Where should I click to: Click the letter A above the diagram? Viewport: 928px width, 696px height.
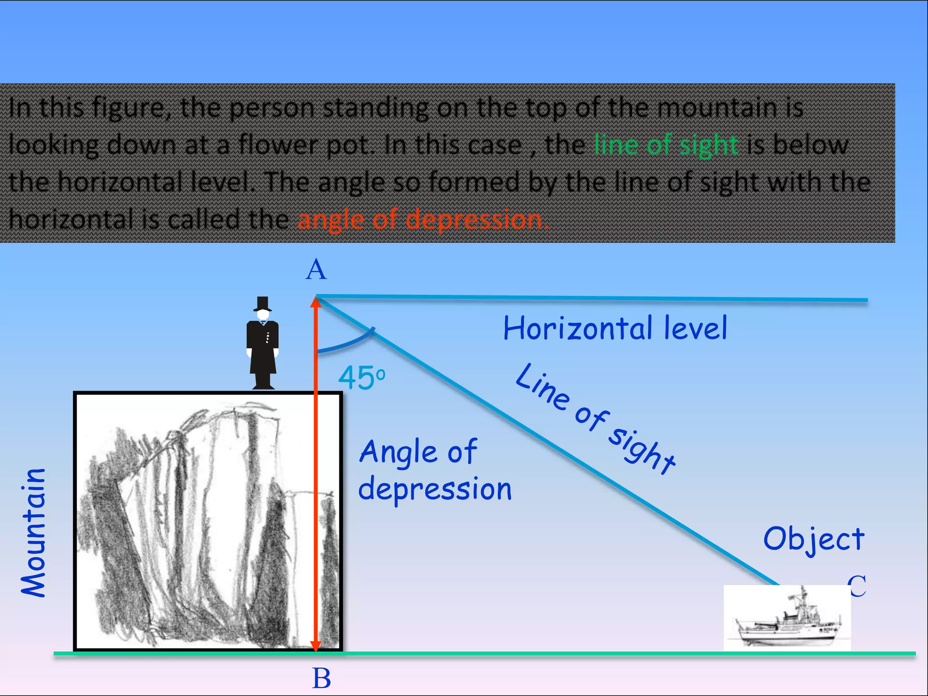pyautogui.click(x=316, y=270)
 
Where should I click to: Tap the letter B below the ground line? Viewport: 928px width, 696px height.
pyautogui.click(x=321, y=679)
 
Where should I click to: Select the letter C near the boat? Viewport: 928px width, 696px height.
pyautogui.click(x=857, y=586)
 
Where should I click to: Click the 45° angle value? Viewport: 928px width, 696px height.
pyautogui.click(x=361, y=378)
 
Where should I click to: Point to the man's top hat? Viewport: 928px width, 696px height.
pyautogui.click(x=262, y=304)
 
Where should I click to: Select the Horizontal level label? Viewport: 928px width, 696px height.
pyautogui.click(x=615, y=328)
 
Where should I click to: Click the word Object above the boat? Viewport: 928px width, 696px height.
pyautogui.click(x=814, y=539)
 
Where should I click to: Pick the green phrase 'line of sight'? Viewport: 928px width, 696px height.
pyautogui.click(x=666, y=145)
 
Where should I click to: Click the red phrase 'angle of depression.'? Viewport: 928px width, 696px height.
pyautogui.click(x=423, y=220)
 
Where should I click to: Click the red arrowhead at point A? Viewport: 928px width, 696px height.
pyautogui.click(x=316, y=303)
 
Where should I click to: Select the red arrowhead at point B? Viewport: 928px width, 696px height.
pyautogui.click(x=316, y=645)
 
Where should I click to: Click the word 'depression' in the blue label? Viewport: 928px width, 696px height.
pyautogui.click(x=435, y=489)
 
